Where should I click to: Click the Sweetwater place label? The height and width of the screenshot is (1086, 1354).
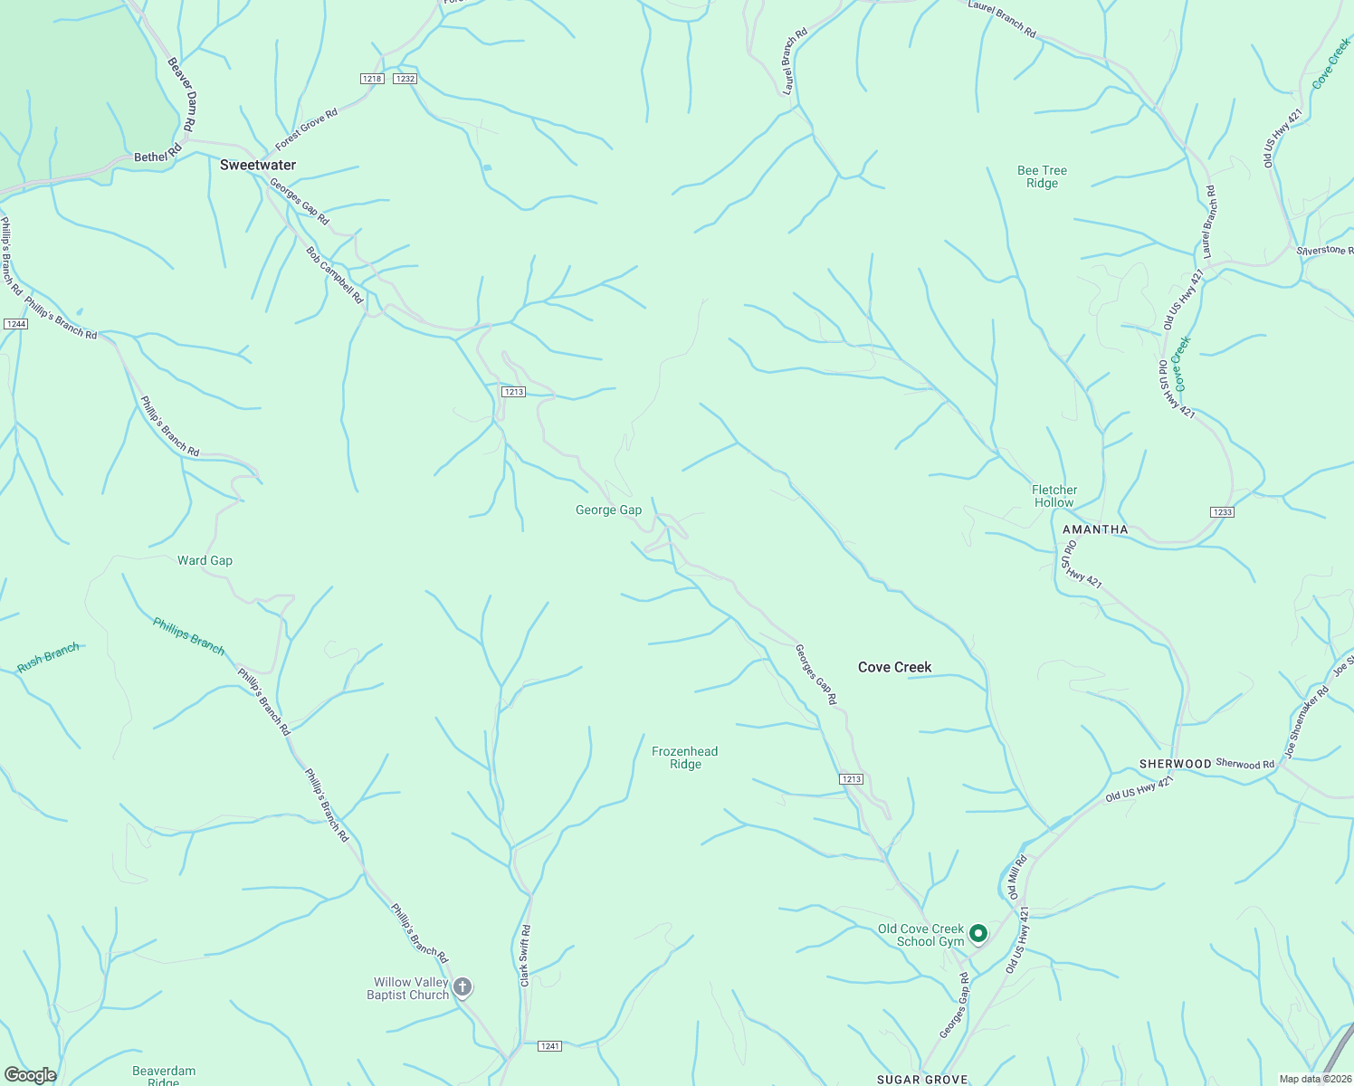pos(258,165)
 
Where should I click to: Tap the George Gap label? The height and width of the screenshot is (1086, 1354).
pos(608,510)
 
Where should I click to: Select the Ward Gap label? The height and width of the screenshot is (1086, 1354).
pos(205,560)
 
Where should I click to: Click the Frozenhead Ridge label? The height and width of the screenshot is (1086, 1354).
pos(685,757)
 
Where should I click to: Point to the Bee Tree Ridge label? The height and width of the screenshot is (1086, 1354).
pos(1042,176)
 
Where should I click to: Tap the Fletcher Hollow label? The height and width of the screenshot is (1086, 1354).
pos(1054,496)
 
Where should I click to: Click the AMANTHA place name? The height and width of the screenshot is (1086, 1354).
pos(1095,529)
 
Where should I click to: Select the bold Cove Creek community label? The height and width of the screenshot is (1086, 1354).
pos(894,667)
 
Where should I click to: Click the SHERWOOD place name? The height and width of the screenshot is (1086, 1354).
pos(1175,764)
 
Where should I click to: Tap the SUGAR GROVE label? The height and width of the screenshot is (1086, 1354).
pos(922,1079)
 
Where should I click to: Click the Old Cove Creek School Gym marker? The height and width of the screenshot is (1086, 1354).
pos(978,933)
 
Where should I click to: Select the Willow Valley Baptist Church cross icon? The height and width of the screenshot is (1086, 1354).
pos(462,986)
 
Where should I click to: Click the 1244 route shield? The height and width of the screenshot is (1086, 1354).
pos(15,323)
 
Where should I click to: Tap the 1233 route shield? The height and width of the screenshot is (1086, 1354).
pos(1221,512)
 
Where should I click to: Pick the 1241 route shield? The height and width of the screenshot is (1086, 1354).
pos(549,1046)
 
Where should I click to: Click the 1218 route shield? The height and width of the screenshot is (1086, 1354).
pos(372,79)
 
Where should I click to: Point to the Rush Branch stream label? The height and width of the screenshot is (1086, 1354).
pos(48,658)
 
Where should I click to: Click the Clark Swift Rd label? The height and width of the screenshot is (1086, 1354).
pos(525,955)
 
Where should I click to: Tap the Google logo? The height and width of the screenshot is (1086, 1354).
pos(30,1075)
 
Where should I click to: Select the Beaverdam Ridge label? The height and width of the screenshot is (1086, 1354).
pos(164,1076)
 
